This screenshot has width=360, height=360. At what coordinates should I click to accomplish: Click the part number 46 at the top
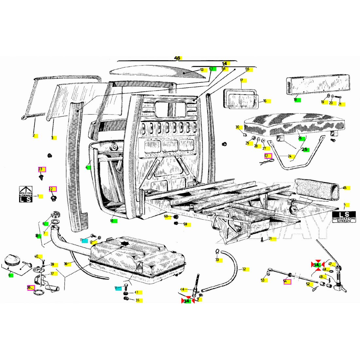coord(177,58)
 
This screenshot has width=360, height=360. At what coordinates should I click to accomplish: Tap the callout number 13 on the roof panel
coord(202,70)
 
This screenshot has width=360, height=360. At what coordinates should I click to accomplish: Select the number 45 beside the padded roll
coord(344,188)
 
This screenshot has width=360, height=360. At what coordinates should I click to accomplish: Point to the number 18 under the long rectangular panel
coord(295,99)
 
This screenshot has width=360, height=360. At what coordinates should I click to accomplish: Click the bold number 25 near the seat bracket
coord(305,150)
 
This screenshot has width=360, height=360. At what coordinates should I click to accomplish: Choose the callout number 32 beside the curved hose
coord(244,269)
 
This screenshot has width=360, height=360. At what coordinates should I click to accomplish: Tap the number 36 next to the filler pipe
coord(65,264)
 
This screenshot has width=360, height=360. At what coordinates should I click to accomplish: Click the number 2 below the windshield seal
coord(33,135)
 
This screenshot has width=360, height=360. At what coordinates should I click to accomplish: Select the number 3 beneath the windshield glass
coord(52,138)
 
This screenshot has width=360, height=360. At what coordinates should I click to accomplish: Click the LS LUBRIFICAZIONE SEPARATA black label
coord(344,217)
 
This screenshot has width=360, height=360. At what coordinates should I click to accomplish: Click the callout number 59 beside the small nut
coord(185,224)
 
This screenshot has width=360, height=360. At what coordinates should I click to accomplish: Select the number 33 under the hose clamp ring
coord(217,260)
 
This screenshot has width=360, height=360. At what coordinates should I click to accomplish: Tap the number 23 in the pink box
coord(41,169)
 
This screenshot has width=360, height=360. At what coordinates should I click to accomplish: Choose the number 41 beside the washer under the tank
coord(136,292)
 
